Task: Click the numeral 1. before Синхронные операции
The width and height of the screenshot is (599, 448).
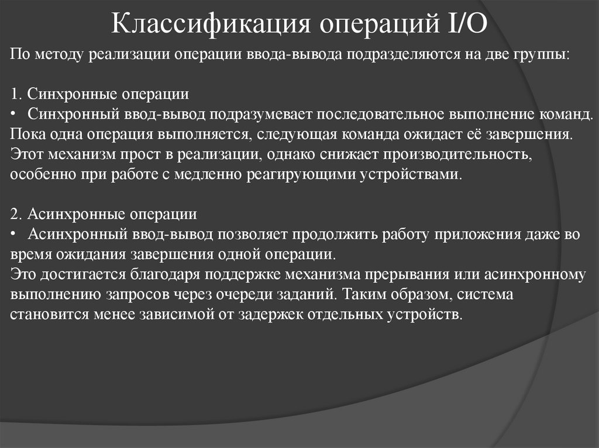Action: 16,94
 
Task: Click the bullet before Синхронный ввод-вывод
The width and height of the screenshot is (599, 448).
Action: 14,114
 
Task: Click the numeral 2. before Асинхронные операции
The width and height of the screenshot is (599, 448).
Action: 16,214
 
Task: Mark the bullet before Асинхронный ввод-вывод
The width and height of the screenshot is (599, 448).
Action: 14,234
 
